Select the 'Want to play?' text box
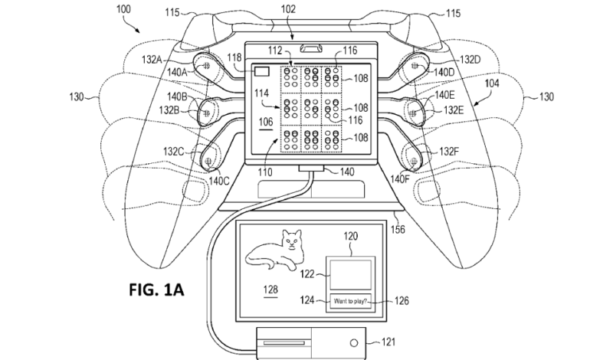(350, 301)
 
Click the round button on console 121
(353, 342)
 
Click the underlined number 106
(265, 122)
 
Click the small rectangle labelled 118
(261, 71)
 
